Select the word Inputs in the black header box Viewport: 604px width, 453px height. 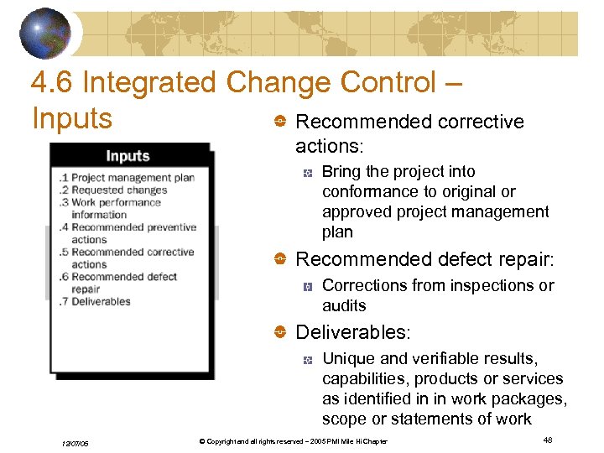click(128, 155)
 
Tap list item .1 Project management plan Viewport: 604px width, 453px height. click(127, 178)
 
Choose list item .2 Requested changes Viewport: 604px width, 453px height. click(113, 190)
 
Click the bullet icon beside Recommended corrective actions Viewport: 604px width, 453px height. click(280, 122)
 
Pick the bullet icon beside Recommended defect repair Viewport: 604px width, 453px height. click(280, 259)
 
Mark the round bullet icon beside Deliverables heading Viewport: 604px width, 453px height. click(280, 333)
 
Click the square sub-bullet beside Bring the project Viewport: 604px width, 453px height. click(308, 173)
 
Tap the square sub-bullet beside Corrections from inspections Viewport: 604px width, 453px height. click(308, 287)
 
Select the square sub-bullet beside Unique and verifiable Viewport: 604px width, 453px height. click(308, 360)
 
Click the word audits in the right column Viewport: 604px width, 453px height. click(344, 306)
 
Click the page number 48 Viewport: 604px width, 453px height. click(547, 440)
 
